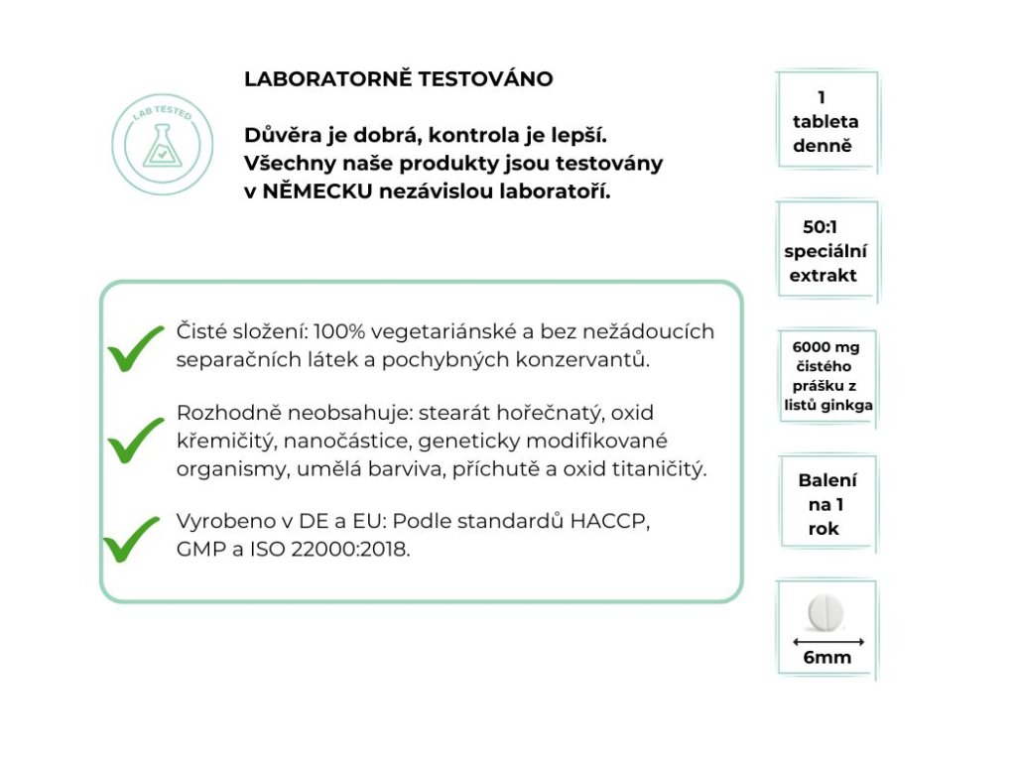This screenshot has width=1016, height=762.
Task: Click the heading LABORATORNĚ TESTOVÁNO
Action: tap(398, 79)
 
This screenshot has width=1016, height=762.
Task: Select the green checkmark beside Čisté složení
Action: tap(135, 346)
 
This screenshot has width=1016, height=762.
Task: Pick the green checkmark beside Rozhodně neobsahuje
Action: tap(135, 440)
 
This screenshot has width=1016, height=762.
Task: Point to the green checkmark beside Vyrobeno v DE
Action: tap(133, 537)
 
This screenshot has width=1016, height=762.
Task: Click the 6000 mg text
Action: tap(826, 347)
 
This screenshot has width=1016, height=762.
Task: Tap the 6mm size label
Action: tap(826, 658)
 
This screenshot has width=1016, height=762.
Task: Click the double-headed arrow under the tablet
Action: tap(826, 640)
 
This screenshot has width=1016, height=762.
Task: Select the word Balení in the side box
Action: tap(827, 480)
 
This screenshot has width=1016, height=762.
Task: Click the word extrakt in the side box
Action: tap(823, 276)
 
